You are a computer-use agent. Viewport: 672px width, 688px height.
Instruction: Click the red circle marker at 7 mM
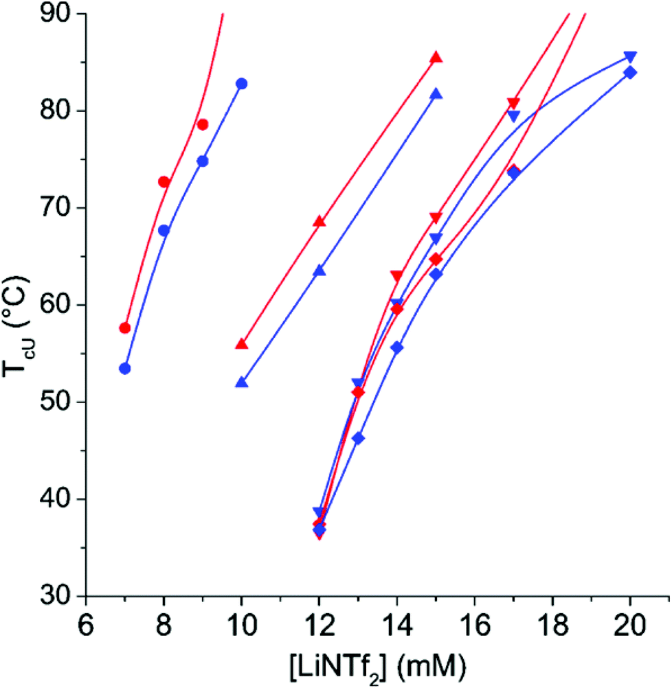[x=124, y=328]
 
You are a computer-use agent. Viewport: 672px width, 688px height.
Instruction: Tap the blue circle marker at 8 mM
[x=164, y=231]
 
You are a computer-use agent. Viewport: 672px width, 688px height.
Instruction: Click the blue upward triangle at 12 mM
[x=319, y=271]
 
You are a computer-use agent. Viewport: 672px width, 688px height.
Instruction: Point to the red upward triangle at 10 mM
[x=241, y=344]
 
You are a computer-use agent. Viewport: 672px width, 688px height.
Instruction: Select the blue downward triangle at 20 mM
[x=629, y=56]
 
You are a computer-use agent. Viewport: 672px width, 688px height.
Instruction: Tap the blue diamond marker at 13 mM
[x=358, y=438]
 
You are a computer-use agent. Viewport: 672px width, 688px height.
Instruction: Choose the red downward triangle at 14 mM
[x=396, y=276]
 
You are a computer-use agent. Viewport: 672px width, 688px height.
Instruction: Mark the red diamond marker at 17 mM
[x=513, y=170]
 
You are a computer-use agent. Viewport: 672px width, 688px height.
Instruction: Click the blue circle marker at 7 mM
[x=124, y=369]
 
